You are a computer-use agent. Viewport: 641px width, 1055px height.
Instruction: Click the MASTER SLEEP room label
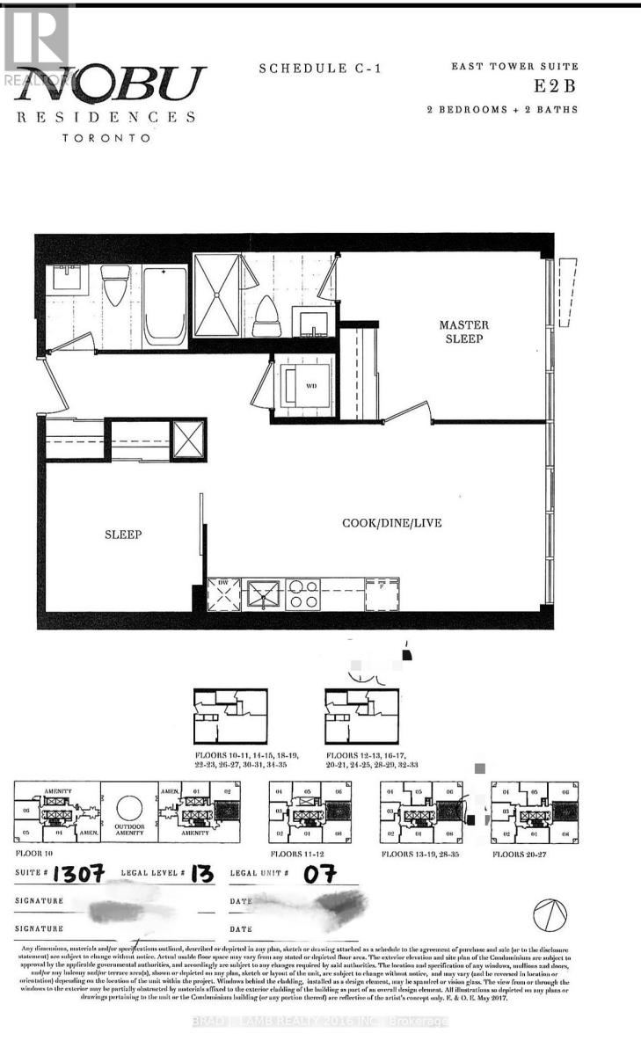[x=463, y=331]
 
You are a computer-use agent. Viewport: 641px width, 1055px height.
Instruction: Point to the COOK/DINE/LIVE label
[x=391, y=523]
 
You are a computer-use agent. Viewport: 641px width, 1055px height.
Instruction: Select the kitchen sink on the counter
[x=263, y=595]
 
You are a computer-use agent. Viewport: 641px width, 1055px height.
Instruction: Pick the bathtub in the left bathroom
[x=164, y=304]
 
